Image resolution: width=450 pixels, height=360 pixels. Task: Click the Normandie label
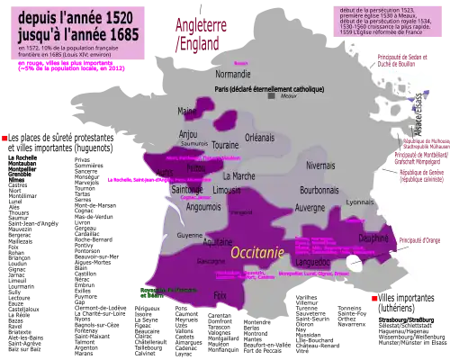click(233, 74)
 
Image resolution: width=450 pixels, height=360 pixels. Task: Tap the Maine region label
click(187, 112)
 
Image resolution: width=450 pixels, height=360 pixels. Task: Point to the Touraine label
click(224, 145)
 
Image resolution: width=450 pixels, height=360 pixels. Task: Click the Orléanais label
click(259, 138)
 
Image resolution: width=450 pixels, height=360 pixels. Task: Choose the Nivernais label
click(320, 166)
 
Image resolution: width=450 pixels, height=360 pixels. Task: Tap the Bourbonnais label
click(319, 191)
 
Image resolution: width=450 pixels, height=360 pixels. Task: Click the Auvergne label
click(310, 207)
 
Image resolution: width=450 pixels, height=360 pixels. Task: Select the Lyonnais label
click(359, 202)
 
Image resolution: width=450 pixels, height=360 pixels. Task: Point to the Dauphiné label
click(373, 238)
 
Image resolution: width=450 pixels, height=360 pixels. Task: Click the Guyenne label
click(190, 235)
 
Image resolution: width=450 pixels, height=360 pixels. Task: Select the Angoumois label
click(202, 206)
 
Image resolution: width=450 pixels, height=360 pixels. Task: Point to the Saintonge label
click(187, 190)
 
